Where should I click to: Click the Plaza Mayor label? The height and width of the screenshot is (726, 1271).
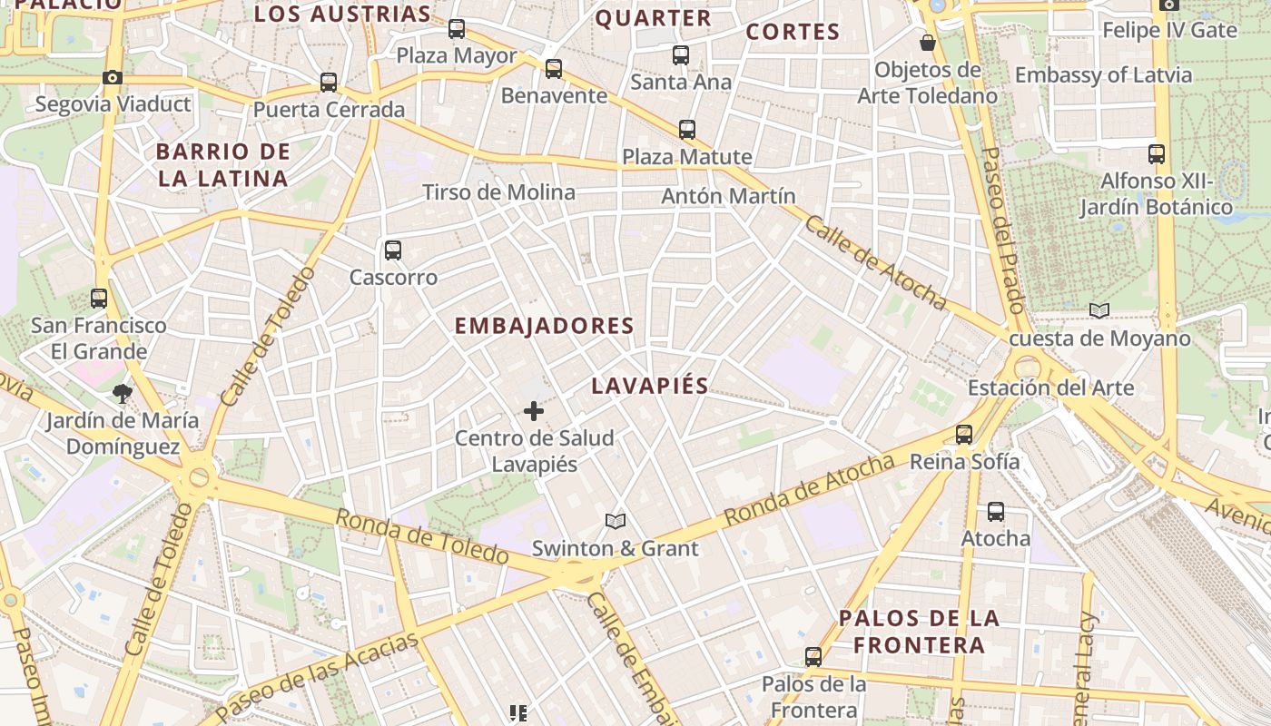(457, 56)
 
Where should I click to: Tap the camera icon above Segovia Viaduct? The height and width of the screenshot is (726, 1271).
(113, 78)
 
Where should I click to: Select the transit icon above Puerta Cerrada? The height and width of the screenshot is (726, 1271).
(329, 83)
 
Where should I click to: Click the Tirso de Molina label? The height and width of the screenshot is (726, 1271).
(498, 192)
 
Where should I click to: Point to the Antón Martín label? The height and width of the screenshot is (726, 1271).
(728, 196)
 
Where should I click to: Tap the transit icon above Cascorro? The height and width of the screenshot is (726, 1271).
(393, 250)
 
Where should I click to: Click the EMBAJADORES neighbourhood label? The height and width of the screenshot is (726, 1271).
(544, 326)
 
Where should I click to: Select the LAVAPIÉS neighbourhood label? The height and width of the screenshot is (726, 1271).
(649, 386)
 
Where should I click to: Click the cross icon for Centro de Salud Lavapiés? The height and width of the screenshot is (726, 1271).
(534, 412)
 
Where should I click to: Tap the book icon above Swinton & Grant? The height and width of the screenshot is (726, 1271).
(616, 522)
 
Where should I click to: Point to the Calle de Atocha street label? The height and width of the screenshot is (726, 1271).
(875, 263)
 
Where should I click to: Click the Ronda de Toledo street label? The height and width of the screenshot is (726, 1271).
(422, 536)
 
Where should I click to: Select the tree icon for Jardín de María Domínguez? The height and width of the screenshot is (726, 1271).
(122, 394)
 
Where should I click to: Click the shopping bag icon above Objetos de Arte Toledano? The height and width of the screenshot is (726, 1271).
(928, 43)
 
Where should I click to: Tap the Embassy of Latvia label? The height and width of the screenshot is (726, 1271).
(1103, 75)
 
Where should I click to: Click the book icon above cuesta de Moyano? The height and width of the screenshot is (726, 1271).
(1099, 311)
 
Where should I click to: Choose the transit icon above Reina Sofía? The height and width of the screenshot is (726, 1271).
(964, 435)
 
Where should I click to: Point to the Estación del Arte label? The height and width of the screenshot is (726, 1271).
(1050, 388)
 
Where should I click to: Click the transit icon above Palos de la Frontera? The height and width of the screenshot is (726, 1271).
(813, 657)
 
